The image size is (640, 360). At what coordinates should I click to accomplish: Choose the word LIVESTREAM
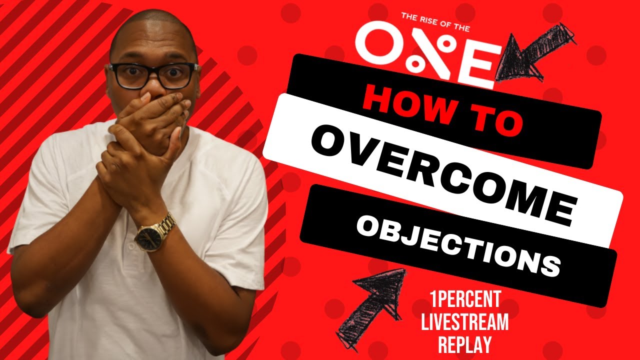(464, 322)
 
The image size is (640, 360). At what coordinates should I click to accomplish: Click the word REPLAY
(464, 344)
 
